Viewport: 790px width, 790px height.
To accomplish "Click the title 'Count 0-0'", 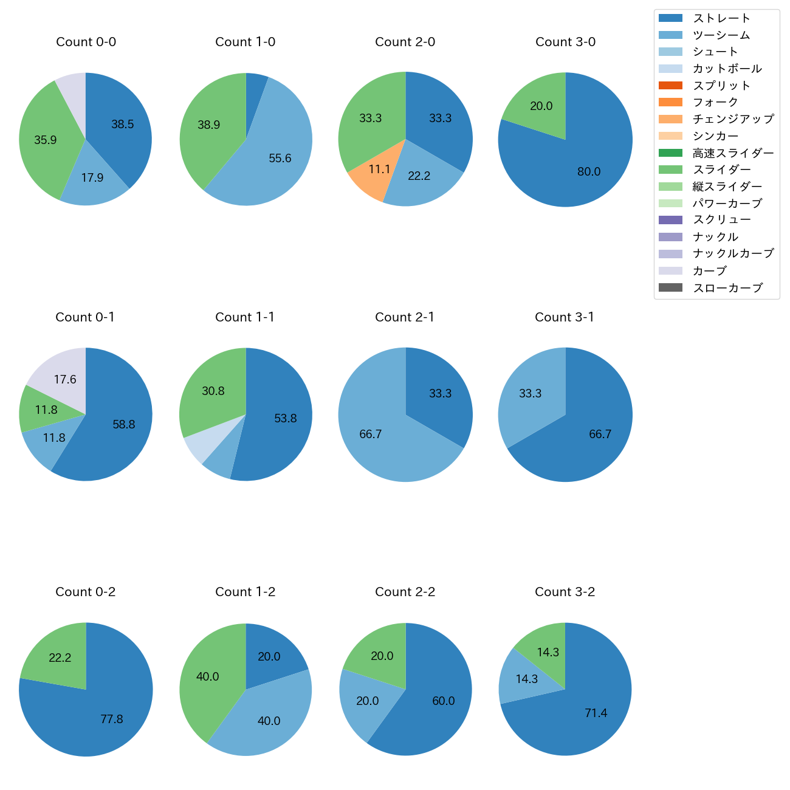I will tap(86, 42).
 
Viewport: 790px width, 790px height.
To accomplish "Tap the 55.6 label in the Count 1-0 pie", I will tap(280, 159).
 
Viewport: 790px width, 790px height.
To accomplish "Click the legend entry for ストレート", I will tap(721, 18).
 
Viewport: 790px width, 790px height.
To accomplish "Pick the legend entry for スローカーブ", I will tap(727, 288).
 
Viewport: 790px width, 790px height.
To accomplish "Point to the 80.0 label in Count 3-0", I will tap(589, 172).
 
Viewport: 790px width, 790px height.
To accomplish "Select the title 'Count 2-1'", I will tap(405, 317).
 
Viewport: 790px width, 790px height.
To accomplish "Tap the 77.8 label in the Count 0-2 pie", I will tap(112, 720).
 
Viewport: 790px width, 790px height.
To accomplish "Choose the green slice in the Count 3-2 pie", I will tap(544, 648).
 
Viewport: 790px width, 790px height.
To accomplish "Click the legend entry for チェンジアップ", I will tap(733, 119).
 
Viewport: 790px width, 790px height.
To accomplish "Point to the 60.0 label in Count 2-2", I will tap(444, 701).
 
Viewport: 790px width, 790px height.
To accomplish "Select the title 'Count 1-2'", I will tap(246, 592).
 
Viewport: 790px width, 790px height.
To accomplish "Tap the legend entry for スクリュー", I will tap(721, 220).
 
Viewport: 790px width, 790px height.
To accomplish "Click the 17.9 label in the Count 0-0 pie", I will tap(92, 178).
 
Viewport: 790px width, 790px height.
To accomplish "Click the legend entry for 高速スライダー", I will tap(733, 153).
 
